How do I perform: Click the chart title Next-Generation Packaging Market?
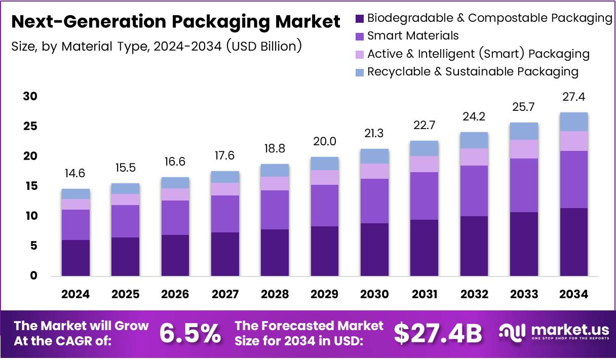[x=175, y=22]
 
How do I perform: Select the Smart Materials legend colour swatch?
[x=360, y=36]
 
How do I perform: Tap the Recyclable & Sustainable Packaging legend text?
[x=473, y=71]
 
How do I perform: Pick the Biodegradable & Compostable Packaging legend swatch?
[x=360, y=19]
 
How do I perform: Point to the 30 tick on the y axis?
[x=30, y=96]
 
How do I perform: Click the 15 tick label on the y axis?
[x=30, y=186]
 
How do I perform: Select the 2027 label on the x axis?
[x=225, y=294]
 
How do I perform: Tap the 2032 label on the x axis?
[x=474, y=294]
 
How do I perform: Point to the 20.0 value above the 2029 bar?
[x=325, y=141]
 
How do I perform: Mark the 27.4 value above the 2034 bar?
[x=574, y=97]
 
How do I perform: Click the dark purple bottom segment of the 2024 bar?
[x=75, y=258]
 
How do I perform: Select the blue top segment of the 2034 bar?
[x=574, y=122]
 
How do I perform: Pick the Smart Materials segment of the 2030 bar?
[x=375, y=201]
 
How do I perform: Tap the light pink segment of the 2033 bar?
[x=524, y=149]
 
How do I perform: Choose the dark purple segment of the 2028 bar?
[x=275, y=252]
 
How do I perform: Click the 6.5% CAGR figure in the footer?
[x=190, y=333]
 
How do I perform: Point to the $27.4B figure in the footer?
[x=438, y=333]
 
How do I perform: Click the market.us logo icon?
[x=513, y=332]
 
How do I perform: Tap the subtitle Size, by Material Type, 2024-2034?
[x=157, y=47]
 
